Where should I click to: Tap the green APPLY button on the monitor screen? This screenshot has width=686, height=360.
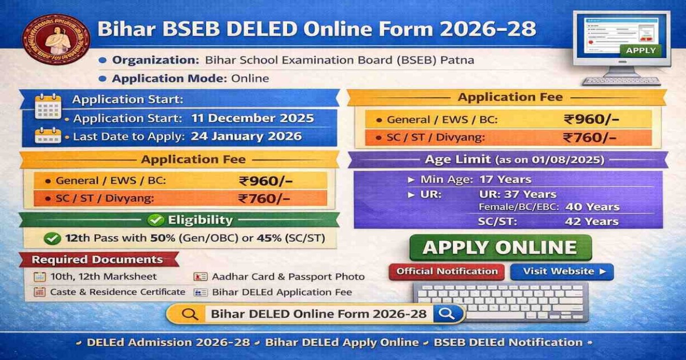click(640, 50)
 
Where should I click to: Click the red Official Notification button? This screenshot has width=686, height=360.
click(447, 271)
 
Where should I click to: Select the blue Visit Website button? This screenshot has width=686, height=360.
click(561, 271)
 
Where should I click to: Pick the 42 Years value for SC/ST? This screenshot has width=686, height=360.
click(592, 222)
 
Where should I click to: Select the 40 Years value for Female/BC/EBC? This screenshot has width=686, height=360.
click(592, 207)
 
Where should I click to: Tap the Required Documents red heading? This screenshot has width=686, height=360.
click(97, 260)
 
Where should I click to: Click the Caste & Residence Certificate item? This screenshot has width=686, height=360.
click(117, 292)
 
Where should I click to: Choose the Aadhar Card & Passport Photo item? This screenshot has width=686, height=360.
click(288, 277)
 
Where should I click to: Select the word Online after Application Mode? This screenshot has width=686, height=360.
click(250, 78)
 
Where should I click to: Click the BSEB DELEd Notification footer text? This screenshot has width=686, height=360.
click(508, 343)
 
